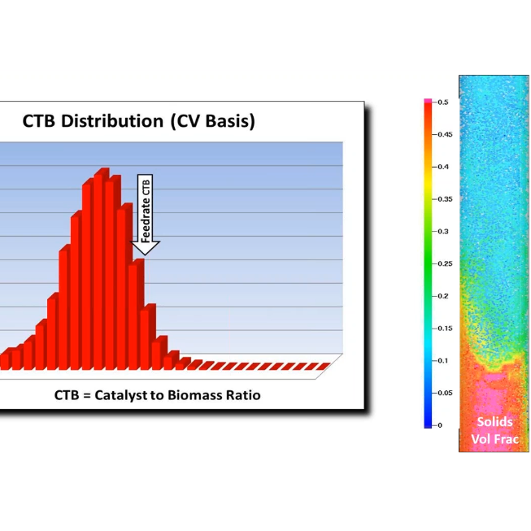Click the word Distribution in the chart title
tap(115, 123)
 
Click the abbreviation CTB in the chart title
tap(41, 123)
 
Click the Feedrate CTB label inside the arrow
tap(146, 209)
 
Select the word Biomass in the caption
tap(200, 395)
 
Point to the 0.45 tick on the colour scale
tap(444, 134)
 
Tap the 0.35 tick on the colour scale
tap(444, 198)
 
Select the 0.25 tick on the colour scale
tap(444, 263)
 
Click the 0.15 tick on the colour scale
tap(444, 328)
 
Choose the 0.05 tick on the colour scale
tap(444, 393)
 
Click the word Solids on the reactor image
tap(494, 423)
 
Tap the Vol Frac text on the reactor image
tap(494, 440)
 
